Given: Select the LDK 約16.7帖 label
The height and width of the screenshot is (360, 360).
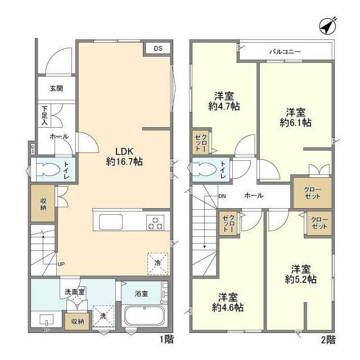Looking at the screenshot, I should coord(124,156).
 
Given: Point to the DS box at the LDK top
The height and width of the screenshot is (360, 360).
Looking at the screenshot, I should coord(158,49).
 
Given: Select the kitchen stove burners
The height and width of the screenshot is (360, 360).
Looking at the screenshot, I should coord(155,223).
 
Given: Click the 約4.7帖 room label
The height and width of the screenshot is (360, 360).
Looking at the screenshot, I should coord(224,101).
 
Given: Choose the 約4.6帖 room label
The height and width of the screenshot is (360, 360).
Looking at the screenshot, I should coord(227,302).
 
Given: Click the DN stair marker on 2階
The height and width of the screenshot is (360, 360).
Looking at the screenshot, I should coord(222,196).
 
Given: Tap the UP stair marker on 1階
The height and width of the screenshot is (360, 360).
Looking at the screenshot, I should coord(61,263).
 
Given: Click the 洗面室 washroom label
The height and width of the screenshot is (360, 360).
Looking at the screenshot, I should coord(74,291).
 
